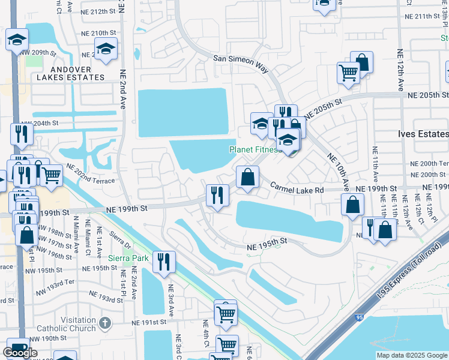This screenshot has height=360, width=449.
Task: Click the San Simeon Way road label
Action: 241,62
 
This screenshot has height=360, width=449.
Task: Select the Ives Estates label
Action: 424,134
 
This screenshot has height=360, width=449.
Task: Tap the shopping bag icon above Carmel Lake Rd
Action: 247,177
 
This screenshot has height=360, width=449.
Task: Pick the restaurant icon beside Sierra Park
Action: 161,261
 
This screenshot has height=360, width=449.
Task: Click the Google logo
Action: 20,353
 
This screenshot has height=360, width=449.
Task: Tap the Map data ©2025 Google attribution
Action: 411,355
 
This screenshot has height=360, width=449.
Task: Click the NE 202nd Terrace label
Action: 89,175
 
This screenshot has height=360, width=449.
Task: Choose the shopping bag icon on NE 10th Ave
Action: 352,205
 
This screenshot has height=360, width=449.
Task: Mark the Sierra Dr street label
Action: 121,239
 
